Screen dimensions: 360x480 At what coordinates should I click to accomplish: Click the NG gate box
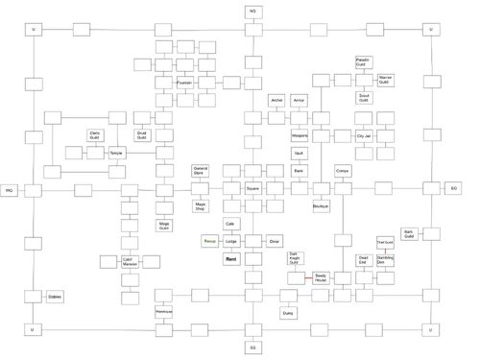coord(252,11)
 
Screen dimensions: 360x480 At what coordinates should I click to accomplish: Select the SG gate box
coord(252,348)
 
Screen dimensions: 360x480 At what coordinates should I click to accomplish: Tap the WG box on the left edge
coord(11,190)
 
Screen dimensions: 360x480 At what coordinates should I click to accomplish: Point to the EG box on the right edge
coord(454,189)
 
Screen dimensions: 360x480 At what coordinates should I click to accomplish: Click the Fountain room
coord(185,83)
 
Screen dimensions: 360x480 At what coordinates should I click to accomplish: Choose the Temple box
coord(116,153)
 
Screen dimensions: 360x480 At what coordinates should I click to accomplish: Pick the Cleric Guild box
coord(94,135)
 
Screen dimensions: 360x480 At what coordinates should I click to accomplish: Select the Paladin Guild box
coord(363,62)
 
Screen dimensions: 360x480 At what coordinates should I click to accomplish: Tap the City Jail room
coord(364,135)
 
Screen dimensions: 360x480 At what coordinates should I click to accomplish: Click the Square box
coord(252,189)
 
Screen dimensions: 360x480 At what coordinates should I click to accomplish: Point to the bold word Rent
coord(230,259)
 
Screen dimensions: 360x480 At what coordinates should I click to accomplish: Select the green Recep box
coord(209,241)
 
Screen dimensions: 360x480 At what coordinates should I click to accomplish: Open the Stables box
coord(56,298)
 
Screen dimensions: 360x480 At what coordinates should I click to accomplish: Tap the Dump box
coord(288,313)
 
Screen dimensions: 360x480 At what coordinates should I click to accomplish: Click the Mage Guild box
coord(164,226)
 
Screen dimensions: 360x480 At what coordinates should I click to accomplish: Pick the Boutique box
coord(321,206)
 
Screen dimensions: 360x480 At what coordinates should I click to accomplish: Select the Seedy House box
coord(321,278)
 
